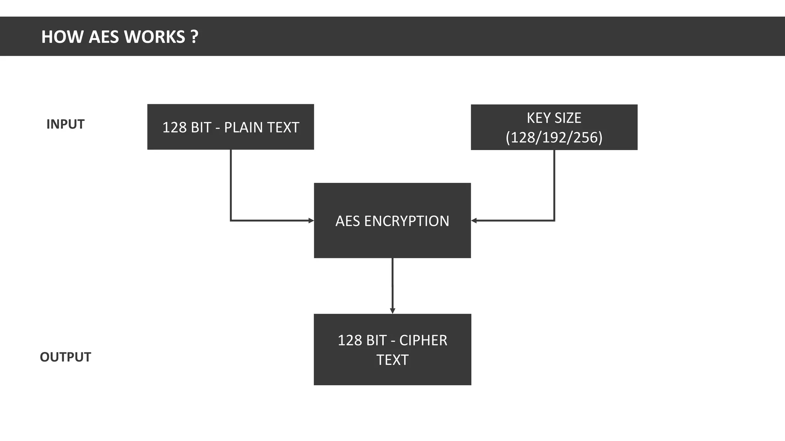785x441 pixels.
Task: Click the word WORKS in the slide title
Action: [154, 37]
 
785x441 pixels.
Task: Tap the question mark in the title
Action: [194, 37]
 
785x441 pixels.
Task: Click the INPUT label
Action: [65, 124]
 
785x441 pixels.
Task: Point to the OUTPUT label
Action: [65, 357]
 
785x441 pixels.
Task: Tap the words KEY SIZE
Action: [554, 118]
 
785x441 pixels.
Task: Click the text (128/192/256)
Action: [554, 137]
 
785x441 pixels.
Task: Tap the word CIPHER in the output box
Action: [423, 340]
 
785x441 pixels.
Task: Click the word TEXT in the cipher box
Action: [392, 360]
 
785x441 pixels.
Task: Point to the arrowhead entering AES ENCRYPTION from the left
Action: [311, 220]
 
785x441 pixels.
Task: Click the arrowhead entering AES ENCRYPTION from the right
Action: [474, 220]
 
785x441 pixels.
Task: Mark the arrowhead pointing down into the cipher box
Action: [392, 310]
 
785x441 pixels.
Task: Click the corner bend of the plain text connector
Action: [231, 220]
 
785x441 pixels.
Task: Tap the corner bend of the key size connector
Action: [554, 220]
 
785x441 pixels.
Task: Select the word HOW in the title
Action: [62, 37]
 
